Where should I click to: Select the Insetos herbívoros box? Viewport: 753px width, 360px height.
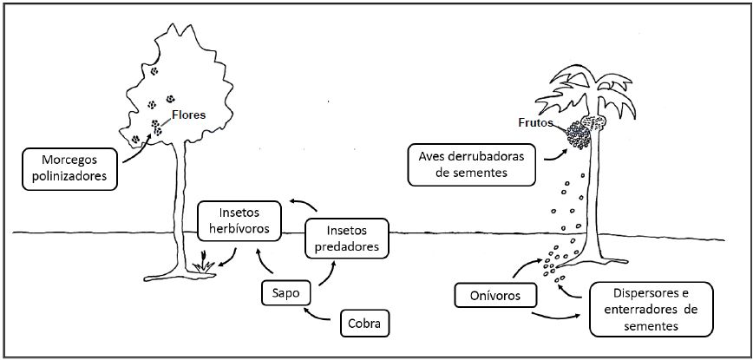239,221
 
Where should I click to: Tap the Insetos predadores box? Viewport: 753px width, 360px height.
347,239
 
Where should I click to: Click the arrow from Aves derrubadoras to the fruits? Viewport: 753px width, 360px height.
553,153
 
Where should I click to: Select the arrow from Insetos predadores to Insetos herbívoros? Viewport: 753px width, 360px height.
303,205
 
